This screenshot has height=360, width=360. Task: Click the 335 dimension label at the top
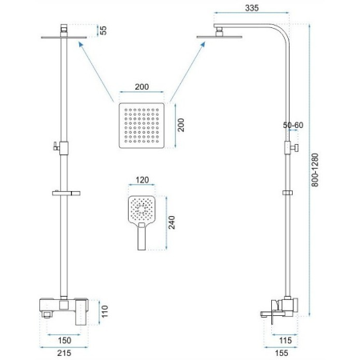[x=252, y=8]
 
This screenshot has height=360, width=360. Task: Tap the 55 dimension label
[x=103, y=30]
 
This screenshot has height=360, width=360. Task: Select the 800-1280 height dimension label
[x=315, y=170]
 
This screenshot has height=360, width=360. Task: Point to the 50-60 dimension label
[x=293, y=125]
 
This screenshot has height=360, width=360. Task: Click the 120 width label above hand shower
[x=142, y=180]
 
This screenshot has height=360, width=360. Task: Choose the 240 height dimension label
[x=172, y=222]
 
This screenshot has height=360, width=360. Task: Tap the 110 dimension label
[x=105, y=311]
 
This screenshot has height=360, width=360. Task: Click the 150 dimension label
[x=65, y=340]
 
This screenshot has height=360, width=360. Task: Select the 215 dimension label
[x=64, y=353]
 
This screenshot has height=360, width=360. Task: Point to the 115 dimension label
[x=285, y=340]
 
